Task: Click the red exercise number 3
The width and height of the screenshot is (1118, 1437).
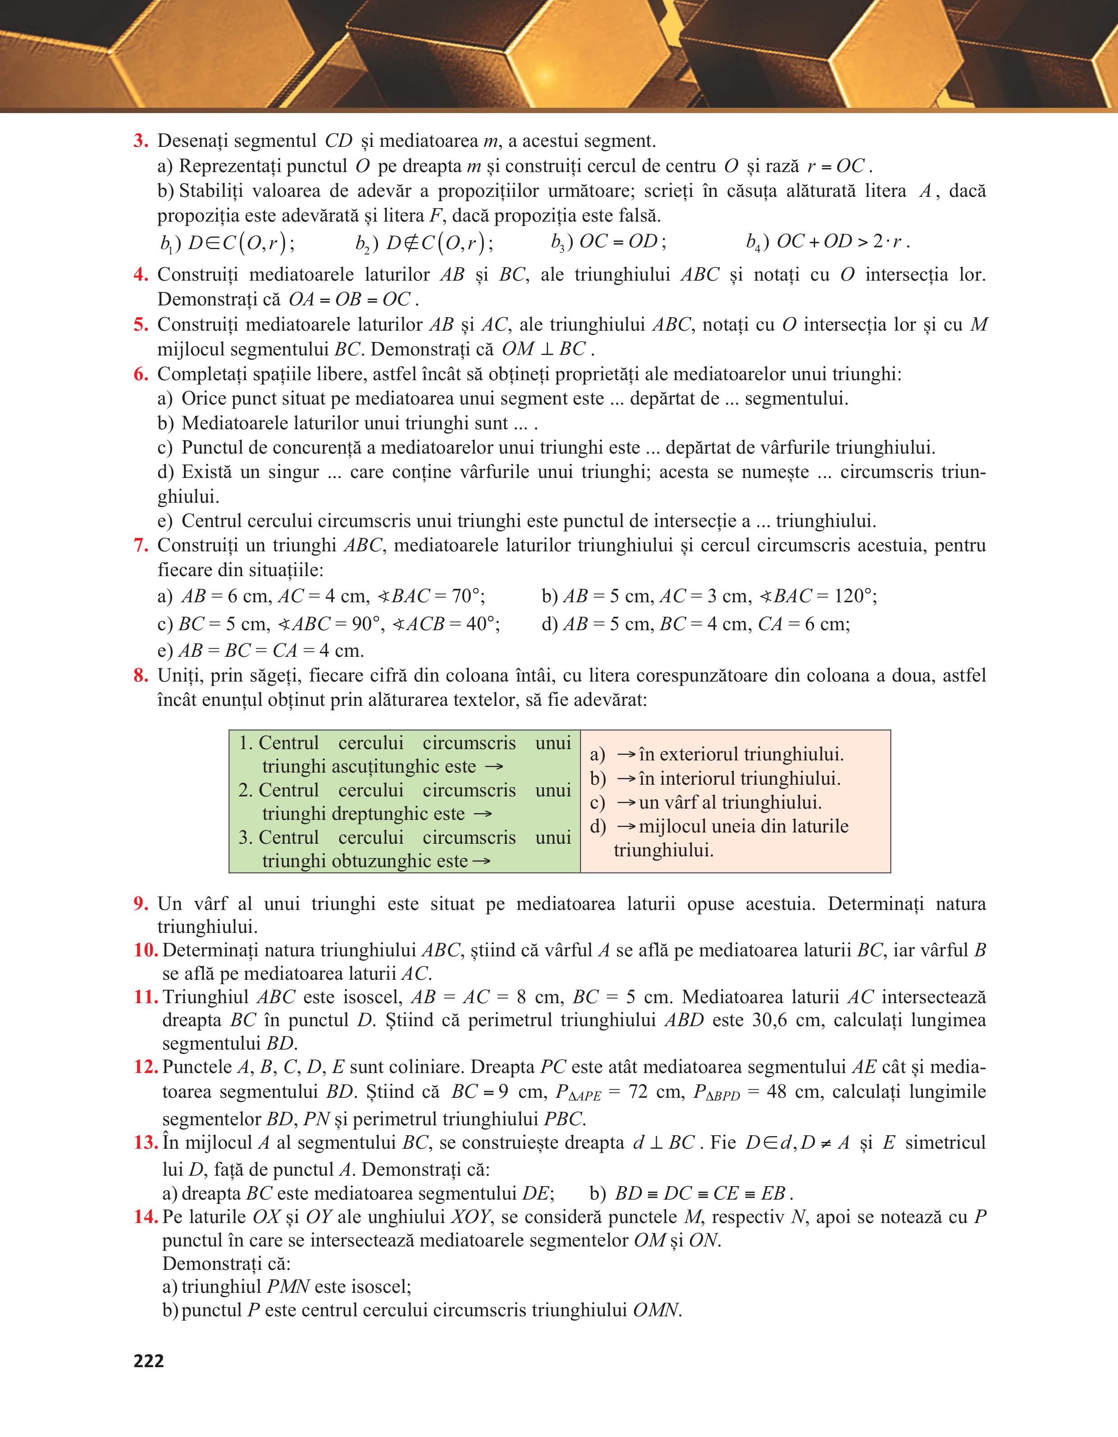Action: [x=140, y=141]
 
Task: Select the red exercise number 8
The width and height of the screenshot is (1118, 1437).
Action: [x=140, y=676]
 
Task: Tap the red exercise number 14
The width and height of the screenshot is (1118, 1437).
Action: [x=146, y=1217]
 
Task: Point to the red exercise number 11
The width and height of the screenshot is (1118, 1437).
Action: [x=146, y=997]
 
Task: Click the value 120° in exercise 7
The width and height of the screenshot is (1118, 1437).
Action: [x=853, y=596]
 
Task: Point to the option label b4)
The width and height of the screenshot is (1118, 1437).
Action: [x=753, y=243]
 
